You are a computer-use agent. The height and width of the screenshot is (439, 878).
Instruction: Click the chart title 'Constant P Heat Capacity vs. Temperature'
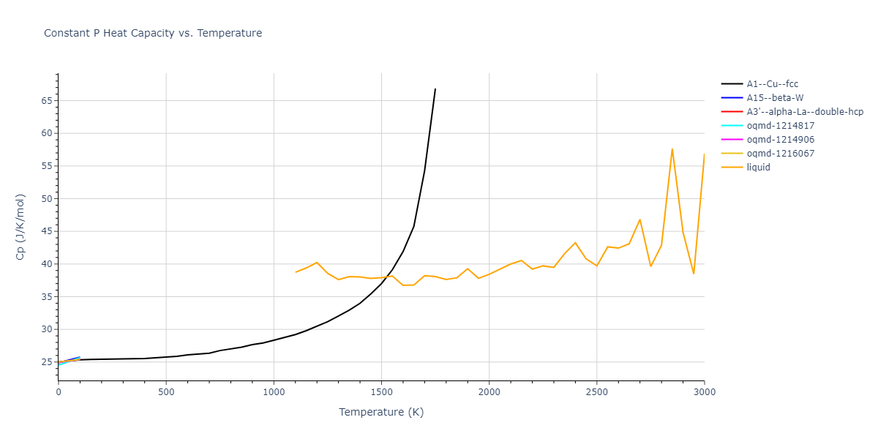153,33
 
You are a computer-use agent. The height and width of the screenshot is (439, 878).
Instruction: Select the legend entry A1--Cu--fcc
772,84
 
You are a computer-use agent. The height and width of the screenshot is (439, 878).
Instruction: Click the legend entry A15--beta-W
775,98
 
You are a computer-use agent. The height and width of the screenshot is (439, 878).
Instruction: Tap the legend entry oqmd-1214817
780,126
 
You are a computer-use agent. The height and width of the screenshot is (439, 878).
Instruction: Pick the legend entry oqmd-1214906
780,140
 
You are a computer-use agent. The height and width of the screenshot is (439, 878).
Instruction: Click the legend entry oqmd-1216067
780,154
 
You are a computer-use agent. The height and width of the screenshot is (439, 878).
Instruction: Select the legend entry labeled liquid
758,168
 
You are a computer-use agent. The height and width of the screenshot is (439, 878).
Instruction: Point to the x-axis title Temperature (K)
381,412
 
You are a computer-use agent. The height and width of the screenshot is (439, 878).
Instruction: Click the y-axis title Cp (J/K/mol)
20,227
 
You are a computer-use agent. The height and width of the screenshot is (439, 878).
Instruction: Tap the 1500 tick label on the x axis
381,391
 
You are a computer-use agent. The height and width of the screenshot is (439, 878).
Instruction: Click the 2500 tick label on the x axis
596,391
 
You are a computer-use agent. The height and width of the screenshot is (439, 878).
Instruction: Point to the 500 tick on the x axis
166,391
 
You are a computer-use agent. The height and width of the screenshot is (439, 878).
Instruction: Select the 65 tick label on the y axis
46,100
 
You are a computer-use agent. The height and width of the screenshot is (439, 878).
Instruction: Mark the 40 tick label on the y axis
46,264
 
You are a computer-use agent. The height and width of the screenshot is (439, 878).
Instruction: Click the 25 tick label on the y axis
46,362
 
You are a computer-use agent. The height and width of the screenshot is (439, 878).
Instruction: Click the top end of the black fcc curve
435,89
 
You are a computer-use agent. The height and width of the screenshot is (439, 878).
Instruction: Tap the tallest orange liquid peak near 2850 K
672,149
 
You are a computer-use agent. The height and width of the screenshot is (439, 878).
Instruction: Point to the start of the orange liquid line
296,272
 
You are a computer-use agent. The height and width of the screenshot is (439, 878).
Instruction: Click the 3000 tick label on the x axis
704,391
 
